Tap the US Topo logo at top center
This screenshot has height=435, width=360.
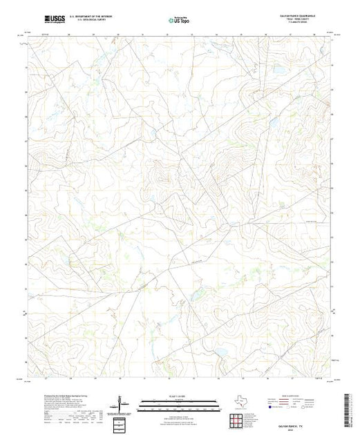(x=180, y=19)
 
